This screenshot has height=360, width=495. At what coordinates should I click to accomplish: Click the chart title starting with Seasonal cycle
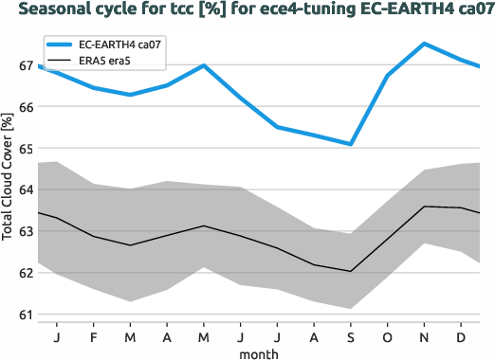coord(247,10)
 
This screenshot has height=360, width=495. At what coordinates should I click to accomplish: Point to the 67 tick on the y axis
coord(25,65)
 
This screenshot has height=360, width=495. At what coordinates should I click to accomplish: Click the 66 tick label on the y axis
coord(25,107)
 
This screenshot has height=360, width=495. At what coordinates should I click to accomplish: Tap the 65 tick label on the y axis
coord(25,149)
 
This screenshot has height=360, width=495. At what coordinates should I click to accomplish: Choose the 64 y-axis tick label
coord(25,189)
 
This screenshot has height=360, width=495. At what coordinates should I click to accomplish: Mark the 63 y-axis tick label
coord(25,231)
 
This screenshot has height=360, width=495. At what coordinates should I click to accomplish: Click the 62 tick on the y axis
coord(25,273)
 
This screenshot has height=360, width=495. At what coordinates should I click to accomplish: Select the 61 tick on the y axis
coord(25,315)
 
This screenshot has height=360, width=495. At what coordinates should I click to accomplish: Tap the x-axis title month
coord(258,352)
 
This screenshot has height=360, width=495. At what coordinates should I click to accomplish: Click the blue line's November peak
coord(424,44)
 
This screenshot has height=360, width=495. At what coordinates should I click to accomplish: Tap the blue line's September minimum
coord(350,144)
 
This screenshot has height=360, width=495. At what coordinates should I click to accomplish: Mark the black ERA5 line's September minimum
coord(350,271)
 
